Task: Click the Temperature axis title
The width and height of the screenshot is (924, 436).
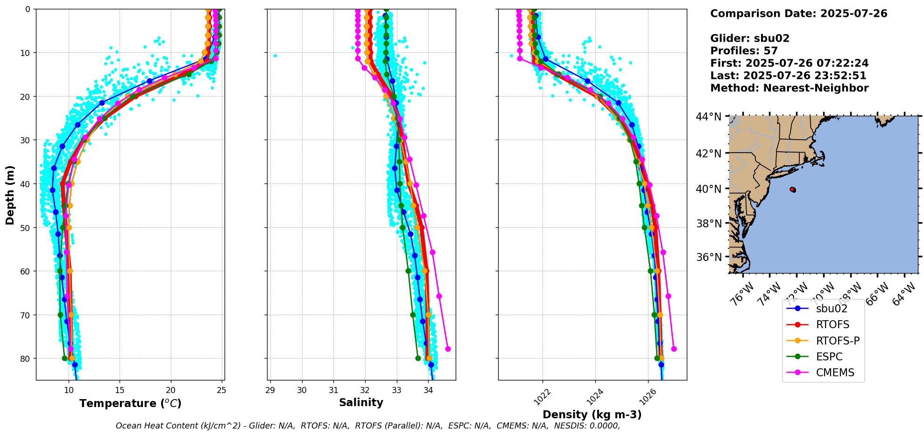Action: coord(130,403)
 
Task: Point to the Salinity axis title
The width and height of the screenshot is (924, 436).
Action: coord(361,402)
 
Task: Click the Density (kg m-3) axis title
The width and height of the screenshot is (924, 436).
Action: coord(592,415)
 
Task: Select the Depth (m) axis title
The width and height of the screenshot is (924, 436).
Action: coord(10,195)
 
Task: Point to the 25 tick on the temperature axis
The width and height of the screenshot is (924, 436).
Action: coord(222,390)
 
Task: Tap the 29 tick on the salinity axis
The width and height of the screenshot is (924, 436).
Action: coord(270,390)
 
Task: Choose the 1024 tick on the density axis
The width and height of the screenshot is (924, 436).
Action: coord(595,396)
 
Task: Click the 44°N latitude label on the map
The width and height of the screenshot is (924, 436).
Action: coord(709,117)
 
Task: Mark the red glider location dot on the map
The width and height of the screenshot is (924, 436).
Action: coord(793,190)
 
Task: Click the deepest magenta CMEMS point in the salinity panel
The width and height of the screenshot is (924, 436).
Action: coord(448,349)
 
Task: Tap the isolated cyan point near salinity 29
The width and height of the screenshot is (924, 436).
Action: coord(275,56)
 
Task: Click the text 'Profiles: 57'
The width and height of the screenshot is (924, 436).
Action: coord(744,51)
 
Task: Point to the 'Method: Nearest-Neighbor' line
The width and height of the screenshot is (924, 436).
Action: coord(789,88)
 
